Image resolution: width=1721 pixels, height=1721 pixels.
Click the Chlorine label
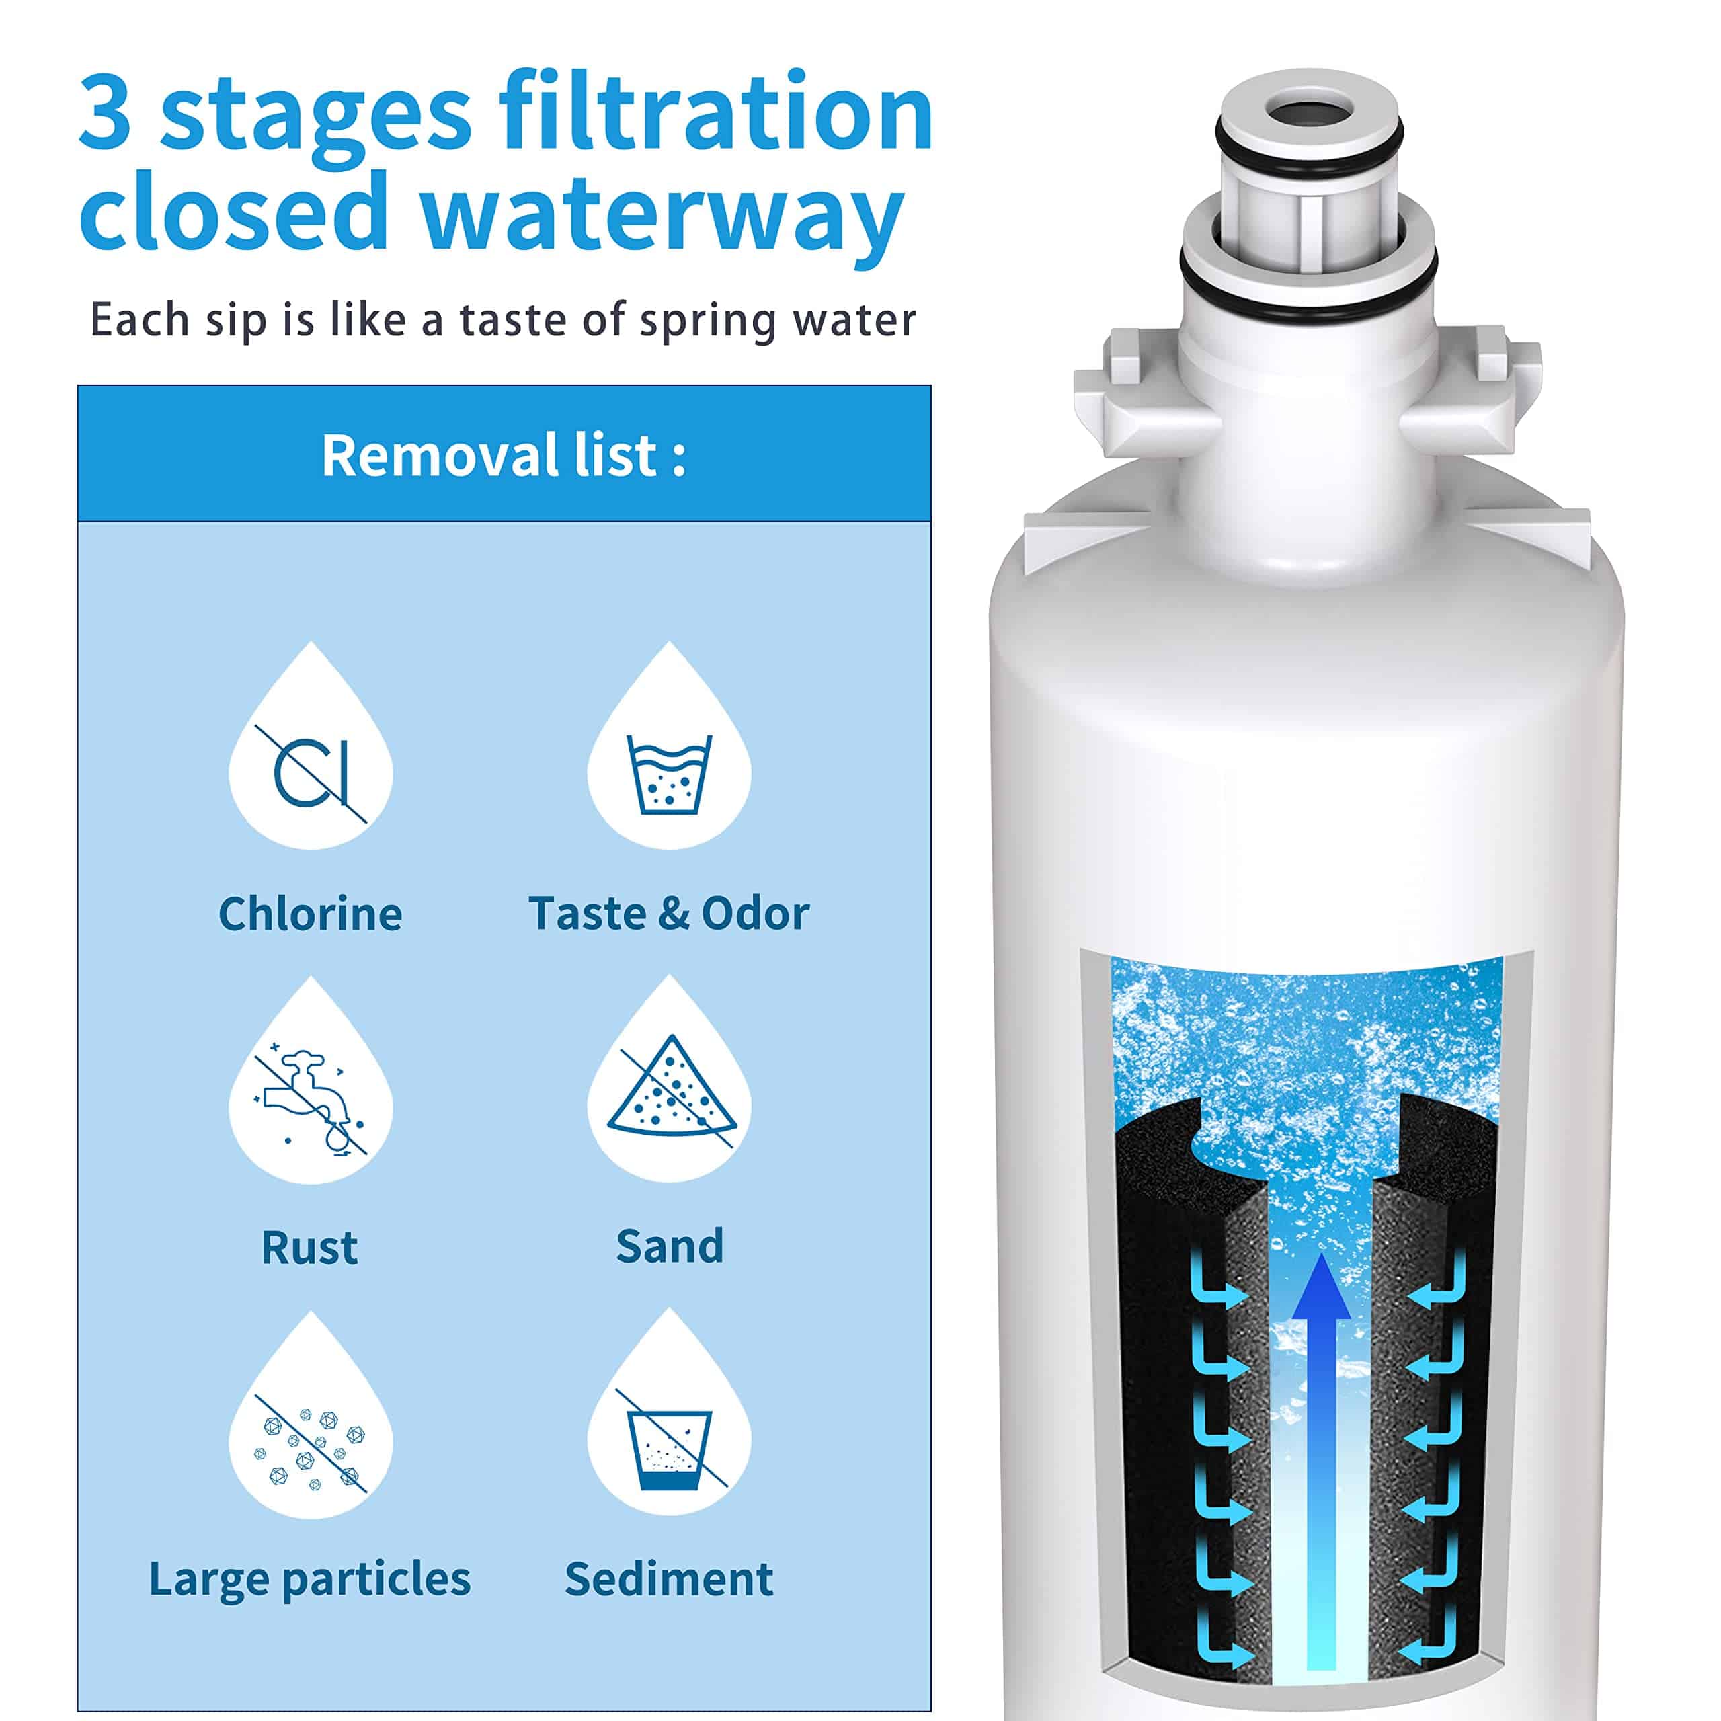[x=310, y=914]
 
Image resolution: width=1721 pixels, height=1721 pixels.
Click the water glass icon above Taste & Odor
[x=669, y=773]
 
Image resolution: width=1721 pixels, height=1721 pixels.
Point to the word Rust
[x=309, y=1247]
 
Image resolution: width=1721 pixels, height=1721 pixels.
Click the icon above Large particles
[x=309, y=1436]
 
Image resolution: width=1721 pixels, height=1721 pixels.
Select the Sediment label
[x=669, y=1579]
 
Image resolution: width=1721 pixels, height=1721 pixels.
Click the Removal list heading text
[x=504, y=455]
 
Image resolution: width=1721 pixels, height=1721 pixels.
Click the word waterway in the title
[x=663, y=214]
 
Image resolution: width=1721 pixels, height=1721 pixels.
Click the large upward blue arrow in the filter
[x=1321, y=1461]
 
